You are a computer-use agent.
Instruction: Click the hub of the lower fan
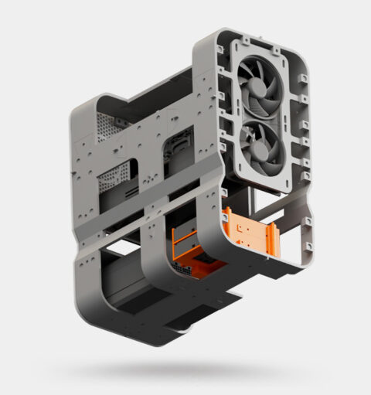259,144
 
